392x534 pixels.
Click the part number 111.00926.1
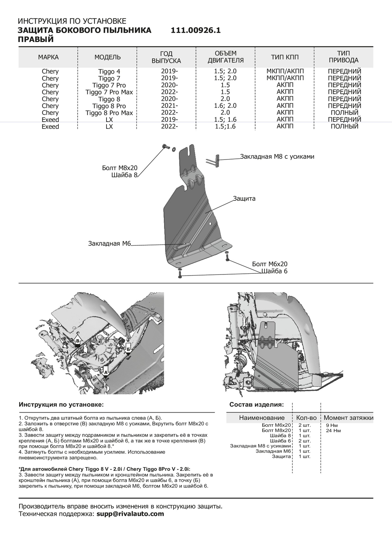click(x=196, y=31)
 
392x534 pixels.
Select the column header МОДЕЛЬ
click(x=107, y=57)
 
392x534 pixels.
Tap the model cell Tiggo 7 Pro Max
click(x=109, y=92)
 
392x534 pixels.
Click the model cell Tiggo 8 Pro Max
click(x=109, y=113)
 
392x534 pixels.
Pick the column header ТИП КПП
click(x=285, y=57)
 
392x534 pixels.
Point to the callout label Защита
click(x=244, y=199)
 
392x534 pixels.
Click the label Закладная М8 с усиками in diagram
click(x=277, y=157)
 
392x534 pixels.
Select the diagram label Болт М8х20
click(x=120, y=168)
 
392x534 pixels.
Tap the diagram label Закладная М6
click(x=110, y=244)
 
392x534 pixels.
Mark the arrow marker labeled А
click(x=105, y=371)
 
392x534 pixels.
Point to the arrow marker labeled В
click(x=78, y=341)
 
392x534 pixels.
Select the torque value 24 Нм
click(x=333, y=430)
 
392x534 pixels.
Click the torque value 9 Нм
click(x=331, y=425)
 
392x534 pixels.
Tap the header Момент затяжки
click(x=348, y=418)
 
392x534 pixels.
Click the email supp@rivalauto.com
click(x=130, y=514)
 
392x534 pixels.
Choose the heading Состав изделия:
click(x=257, y=405)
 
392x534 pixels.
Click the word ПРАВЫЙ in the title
click(x=36, y=40)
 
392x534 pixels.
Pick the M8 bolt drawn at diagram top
click(x=165, y=146)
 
